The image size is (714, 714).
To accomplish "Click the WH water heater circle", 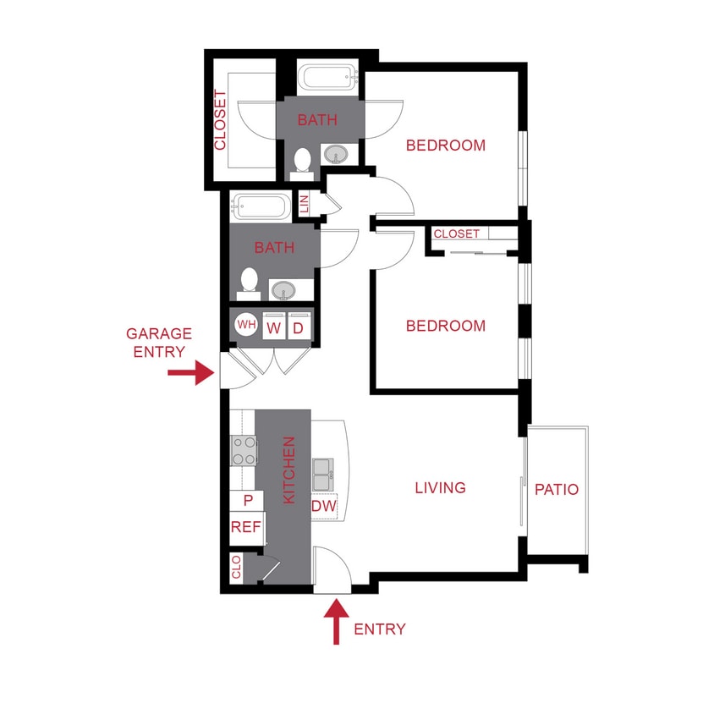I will pyautogui.click(x=245, y=326).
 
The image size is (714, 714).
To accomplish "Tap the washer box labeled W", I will pyautogui.click(x=273, y=327).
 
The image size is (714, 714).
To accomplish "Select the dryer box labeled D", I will pyautogui.click(x=299, y=327).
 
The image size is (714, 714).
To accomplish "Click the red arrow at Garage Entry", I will pyautogui.click(x=191, y=372).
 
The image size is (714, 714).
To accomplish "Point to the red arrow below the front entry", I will pyautogui.click(x=337, y=621).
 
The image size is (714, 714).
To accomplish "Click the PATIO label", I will pyautogui.click(x=557, y=489).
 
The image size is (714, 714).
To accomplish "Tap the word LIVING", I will pyautogui.click(x=441, y=488).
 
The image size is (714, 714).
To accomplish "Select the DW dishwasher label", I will pyautogui.click(x=324, y=506).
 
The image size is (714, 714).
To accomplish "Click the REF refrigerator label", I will pyautogui.click(x=245, y=527).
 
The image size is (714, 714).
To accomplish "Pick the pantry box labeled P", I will pyautogui.click(x=248, y=501).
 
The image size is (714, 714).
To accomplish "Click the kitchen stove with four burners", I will pyautogui.click(x=244, y=450).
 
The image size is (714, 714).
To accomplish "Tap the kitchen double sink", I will pyautogui.click(x=322, y=474).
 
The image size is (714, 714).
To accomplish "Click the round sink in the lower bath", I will pyautogui.click(x=284, y=290).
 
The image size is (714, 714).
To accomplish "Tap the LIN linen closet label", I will pyautogui.click(x=305, y=204).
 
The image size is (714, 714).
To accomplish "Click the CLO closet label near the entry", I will pyautogui.click(x=236, y=567).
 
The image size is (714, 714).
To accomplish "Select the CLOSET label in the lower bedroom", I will pyautogui.click(x=457, y=233).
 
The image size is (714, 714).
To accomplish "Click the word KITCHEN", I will pyautogui.click(x=288, y=470).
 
